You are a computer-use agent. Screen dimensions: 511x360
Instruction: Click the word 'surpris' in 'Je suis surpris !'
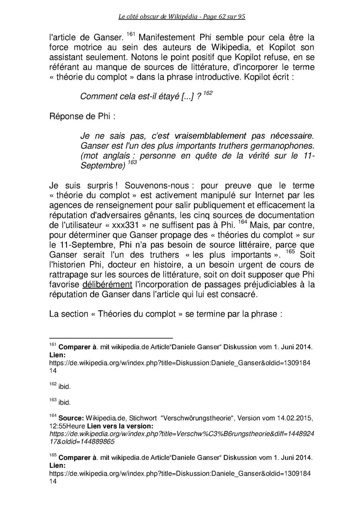click(102, 185)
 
